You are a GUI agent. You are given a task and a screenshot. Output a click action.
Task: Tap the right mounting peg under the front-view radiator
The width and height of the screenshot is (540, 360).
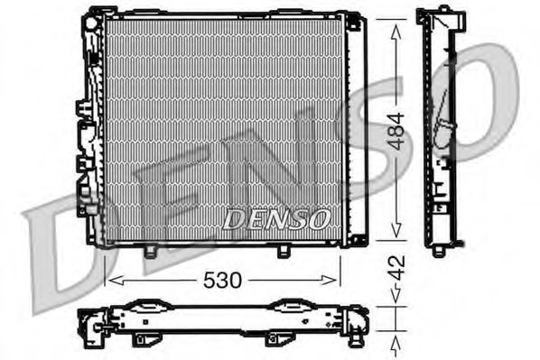coord(284,252)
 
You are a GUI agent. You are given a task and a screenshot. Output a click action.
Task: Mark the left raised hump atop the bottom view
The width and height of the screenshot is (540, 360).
coord(144,305)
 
